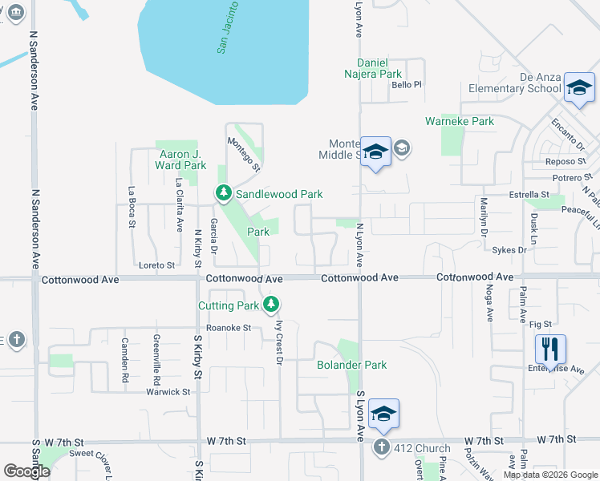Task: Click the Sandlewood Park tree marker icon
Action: click(223, 193)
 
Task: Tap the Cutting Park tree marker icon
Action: click(272, 304)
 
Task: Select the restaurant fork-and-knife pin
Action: click(550, 349)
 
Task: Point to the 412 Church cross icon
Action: click(382, 447)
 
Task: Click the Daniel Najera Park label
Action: click(379, 68)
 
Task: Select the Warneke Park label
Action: click(460, 122)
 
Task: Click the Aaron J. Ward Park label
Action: click(180, 160)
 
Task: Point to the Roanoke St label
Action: click(229, 328)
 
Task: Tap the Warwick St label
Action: click(168, 392)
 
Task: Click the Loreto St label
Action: click(156, 265)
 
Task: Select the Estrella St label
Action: click(529, 195)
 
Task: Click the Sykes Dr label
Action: click(509, 250)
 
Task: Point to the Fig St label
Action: click(541, 324)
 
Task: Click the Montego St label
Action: click(244, 154)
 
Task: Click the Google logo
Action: click(27, 471)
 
